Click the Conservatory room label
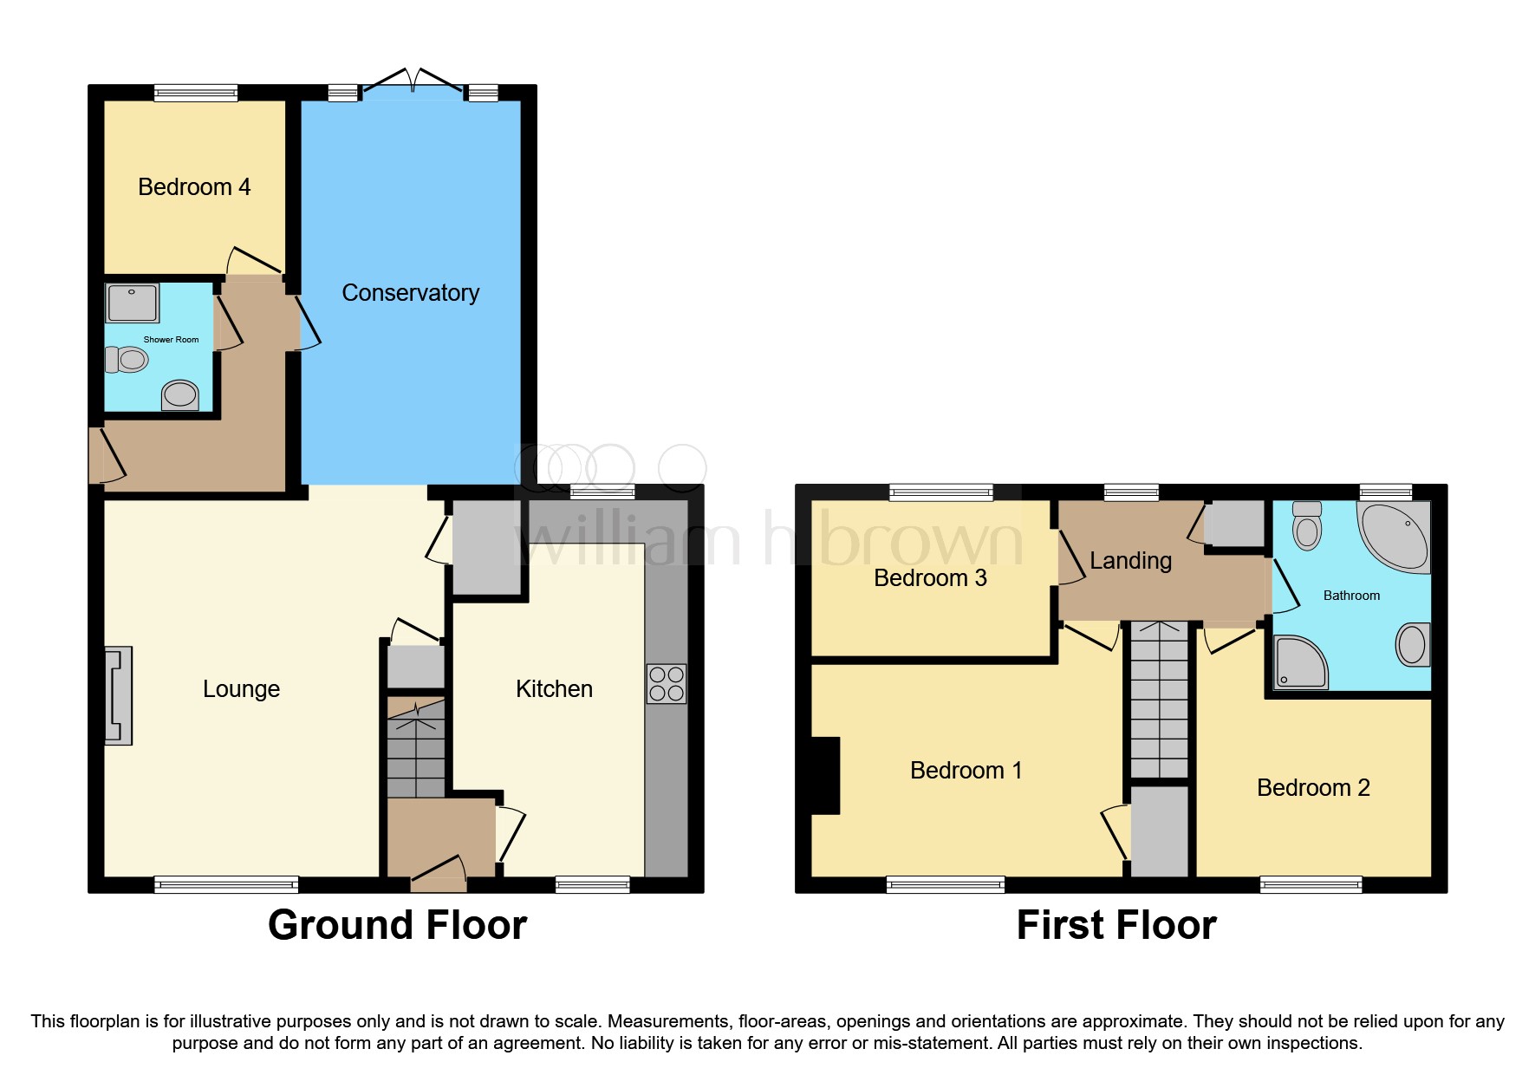tap(410, 293)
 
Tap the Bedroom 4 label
tap(194, 187)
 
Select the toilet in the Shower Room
tap(127, 359)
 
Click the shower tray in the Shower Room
tap(132, 303)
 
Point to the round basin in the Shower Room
tap(180, 394)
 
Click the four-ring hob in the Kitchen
tap(667, 683)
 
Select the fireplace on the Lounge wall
tap(119, 695)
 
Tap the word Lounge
tap(241, 689)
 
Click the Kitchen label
tap(554, 689)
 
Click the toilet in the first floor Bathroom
tap(1307, 526)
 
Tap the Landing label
tap(1130, 561)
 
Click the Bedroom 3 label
tap(930, 578)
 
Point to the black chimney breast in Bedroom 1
tap(824, 775)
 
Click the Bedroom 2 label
tap(1313, 788)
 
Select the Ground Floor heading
tap(397, 925)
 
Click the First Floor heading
tap(1116, 925)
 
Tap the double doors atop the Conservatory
tap(413, 82)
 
